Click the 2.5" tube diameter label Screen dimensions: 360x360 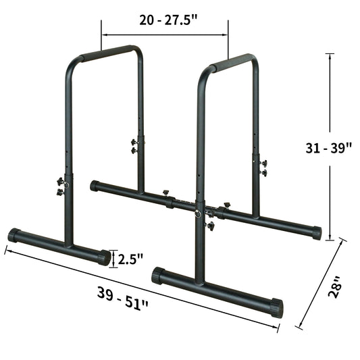click(x=130, y=259)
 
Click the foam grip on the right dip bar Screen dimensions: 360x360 click(x=232, y=63)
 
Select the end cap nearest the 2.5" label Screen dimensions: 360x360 click(x=103, y=257)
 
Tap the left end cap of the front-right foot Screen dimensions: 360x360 click(x=158, y=275)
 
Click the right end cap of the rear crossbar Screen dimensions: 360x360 click(x=315, y=232)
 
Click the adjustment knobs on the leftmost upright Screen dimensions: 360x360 click(x=61, y=186)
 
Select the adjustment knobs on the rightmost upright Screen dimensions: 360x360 click(x=263, y=168)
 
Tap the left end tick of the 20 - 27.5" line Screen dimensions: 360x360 click(x=101, y=30)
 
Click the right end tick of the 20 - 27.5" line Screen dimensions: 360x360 click(x=228, y=30)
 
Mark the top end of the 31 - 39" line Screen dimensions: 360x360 click(x=330, y=54)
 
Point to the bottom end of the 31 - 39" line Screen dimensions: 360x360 click(x=330, y=239)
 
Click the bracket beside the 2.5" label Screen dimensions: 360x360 click(x=112, y=258)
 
